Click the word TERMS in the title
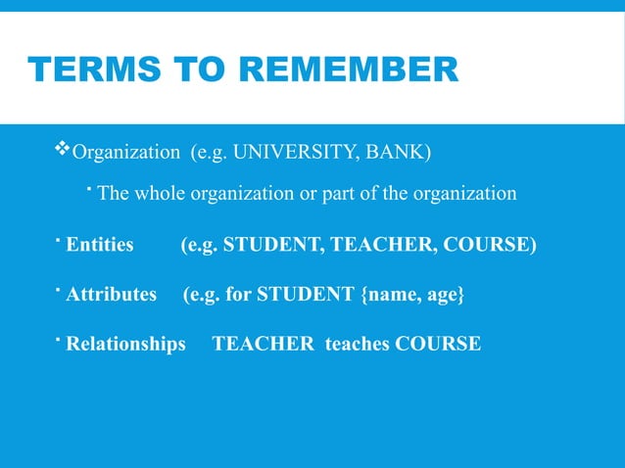[x=82, y=70]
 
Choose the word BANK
[x=397, y=153]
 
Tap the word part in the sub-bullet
[x=335, y=193]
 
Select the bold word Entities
[x=100, y=244]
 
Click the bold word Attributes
[x=111, y=294]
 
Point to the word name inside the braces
[x=393, y=294]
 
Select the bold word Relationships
[x=125, y=344]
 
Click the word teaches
[x=357, y=344]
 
